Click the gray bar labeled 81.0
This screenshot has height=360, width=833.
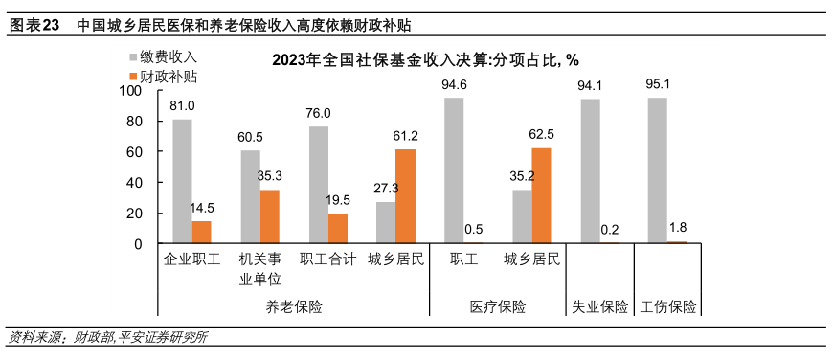182,181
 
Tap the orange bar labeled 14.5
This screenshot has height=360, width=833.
201,232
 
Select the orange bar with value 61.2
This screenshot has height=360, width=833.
406,196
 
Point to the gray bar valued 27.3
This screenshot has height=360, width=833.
386,222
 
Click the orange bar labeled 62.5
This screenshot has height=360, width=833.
541,195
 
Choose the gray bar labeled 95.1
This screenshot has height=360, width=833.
658,170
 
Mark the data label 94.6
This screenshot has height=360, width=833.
454,85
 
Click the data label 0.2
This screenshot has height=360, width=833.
610,230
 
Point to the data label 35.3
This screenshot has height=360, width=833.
270,175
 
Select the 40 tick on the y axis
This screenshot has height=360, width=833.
134,182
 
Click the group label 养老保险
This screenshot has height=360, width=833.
293,306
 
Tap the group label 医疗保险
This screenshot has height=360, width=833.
498,306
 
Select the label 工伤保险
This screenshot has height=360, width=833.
668,306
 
